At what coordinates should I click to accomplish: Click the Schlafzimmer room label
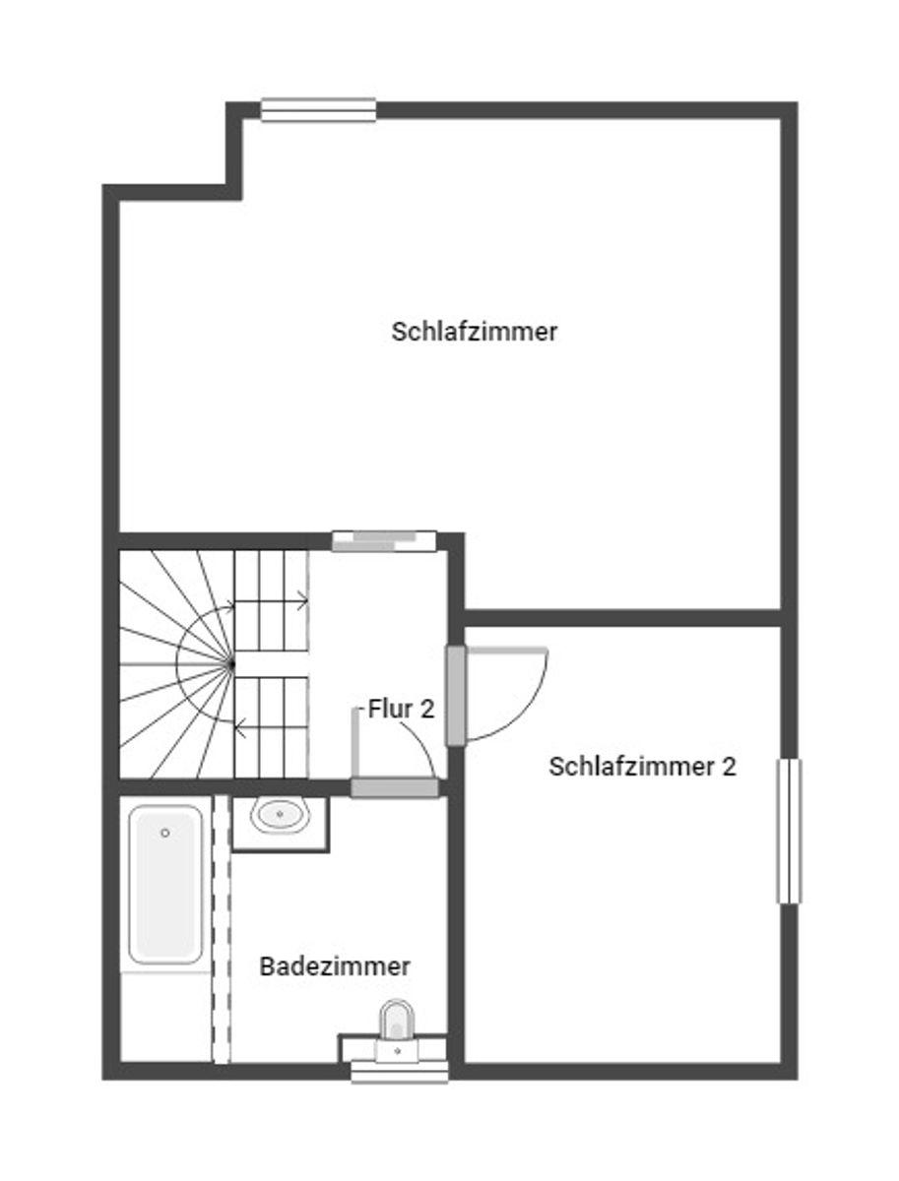(474, 332)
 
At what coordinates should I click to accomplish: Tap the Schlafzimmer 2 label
(642, 766)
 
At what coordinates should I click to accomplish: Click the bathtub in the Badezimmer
(165, 884)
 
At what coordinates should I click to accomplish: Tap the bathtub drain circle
(165, 833)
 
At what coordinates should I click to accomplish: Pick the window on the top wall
(318, 110)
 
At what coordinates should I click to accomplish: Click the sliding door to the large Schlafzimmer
(384, 540)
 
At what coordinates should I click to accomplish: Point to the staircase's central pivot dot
(232, 665)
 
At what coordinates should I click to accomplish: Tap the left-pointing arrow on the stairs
(240, 728)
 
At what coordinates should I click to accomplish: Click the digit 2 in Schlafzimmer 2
(729, 766)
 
